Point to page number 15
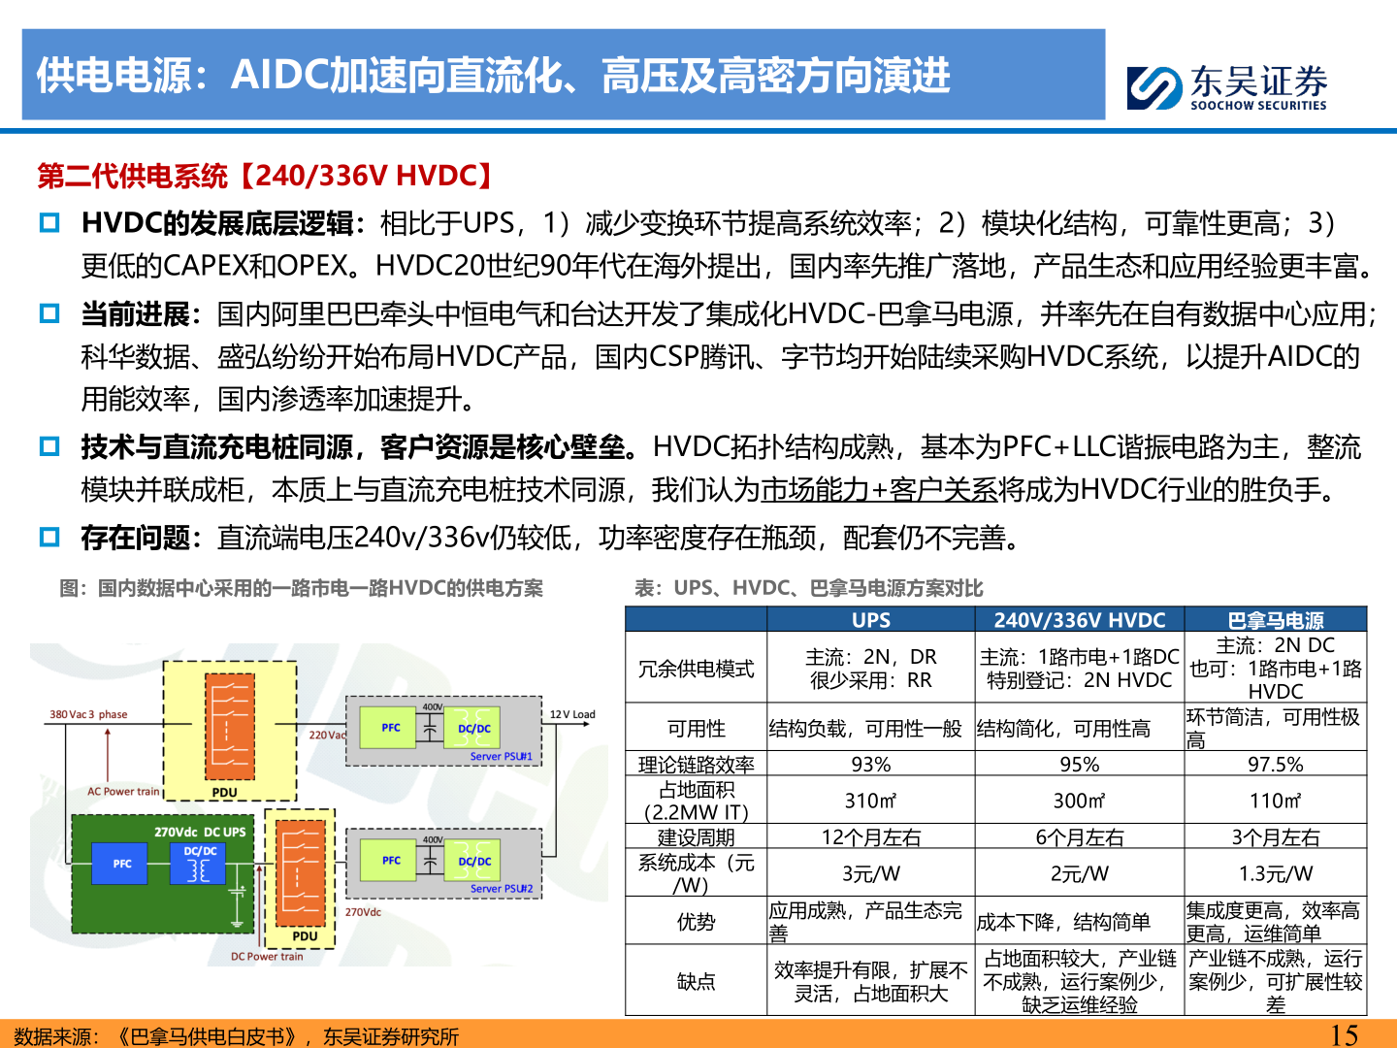[x=1344, y=1034]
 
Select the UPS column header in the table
[x=870, y=620]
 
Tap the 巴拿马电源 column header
[x=1275, y=620]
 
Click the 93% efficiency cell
[x=870, y=765]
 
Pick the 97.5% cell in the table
[x=1275, y=765]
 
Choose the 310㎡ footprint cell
[x=870, y=801]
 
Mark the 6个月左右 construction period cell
[x=1079, y=837]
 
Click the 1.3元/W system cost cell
[x=1275, y=873]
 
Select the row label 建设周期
[x=696, y=837]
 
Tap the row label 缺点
[x=696, y=981]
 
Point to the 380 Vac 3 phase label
[x=88, y=714]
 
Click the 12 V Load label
[x=572, y=714]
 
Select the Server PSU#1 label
[x=501, y=756]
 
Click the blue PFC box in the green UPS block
[x=122, y=864]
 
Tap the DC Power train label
[x=267, y=956]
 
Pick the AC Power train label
[x=123, y=791]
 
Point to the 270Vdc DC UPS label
[x=200, y=832]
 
